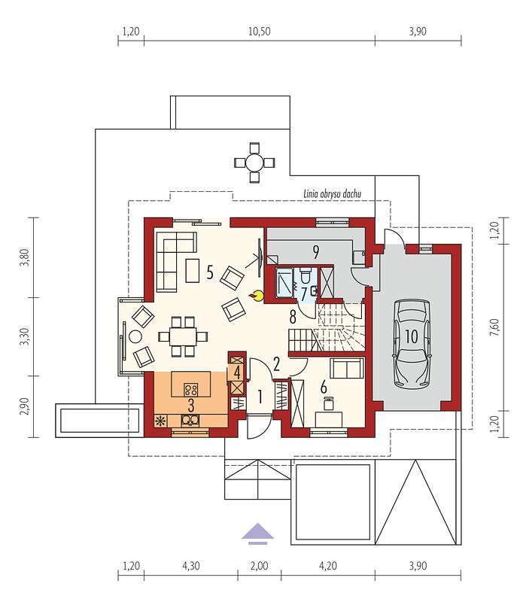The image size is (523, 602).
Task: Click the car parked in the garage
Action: pyautogui.click(x=412, y=344)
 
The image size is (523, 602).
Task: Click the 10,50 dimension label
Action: pyautogui.click(x=259, y=31)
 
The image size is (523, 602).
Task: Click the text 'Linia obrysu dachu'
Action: pyautogui.click(x=332, y=194)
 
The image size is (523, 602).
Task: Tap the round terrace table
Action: pyautogui.click(x=254, y=163)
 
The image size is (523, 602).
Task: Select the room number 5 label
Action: pyautogui.click(x=210, y=272)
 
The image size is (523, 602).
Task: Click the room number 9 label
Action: pyautogui.click(x=315, y=252)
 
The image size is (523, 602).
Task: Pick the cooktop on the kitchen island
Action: pyautogui.click(x=191, y=390)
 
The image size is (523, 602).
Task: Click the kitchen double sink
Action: pyautogui.click(x=190, y=421)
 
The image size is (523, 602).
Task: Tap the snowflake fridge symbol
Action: pyautogui.click(x=160, y=421)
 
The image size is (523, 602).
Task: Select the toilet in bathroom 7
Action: pyautogui.click(x=306, y=275)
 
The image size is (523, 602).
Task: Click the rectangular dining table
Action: pyautogui.click(x=183, y=336)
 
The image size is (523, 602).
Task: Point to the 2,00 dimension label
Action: pyautogui.click(x=259, y=566)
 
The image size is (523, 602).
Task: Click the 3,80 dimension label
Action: pyautogui.click(x=25, y=257)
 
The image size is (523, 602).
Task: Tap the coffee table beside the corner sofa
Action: pyautogui.click(x=193, y=270)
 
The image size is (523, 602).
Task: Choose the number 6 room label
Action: pyautogui.click(x=324, y=388)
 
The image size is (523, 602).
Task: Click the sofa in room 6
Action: pyautogui.click(x=347, y=368)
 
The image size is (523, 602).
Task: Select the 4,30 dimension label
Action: pyautogui.click(x=191, y=566)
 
